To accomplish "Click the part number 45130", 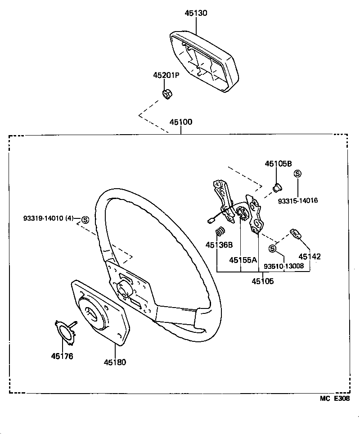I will pyautogui.click(x=196, y=13).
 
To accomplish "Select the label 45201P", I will pyautogui.click(x=166, y=75).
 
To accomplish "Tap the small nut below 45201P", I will pyautogui.click(x=167, y=94).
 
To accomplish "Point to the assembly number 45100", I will pyautogui.click(x=181, y=122).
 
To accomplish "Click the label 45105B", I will pyautogui.click(x=278, y=164).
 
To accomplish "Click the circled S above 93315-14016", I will pyautogui.click(x=297, y=173).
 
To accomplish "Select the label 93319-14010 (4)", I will pyautogui.click(x=48, y=218).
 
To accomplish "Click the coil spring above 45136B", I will pyautogui.click(x=220, y=231).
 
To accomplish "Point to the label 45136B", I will pyautogui.click(x=219, y=245).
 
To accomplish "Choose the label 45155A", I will pyautogui.click(x=243, y=260).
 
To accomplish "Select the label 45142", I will pyautogui.click(x=310, y=257).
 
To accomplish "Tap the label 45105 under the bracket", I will pyautogui.click(x=262, y=281).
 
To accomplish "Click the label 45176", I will pyautogui.click(x=62, y=356).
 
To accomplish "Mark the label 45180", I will pyautogui.click(x=115, y=362).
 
